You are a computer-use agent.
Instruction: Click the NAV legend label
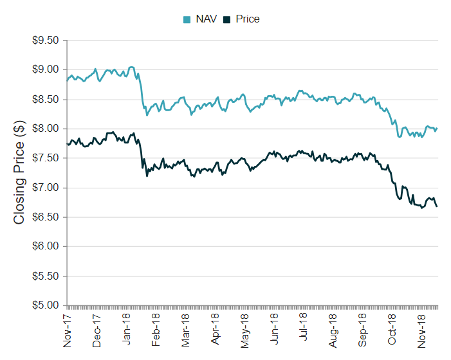tap(206, 19)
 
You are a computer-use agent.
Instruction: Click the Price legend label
tap(248, 19)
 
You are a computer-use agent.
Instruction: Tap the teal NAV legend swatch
tap(187, 20)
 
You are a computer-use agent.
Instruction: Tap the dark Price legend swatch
tap(227, 20)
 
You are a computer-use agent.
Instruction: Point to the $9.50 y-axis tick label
tap(45, 40)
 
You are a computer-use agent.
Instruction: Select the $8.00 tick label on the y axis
tap(45, 129)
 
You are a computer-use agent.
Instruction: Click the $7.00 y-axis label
tap(45, 188)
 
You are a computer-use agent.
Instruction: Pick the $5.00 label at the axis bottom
tap(45, 305)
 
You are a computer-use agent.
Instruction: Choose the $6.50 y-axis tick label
tap(45, 217)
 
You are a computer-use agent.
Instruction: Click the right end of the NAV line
tap(437, 127)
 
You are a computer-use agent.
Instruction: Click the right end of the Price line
tap(437, 206)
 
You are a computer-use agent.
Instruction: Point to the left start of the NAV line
tap(67, 80)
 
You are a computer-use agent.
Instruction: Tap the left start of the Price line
tap(67, 143)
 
